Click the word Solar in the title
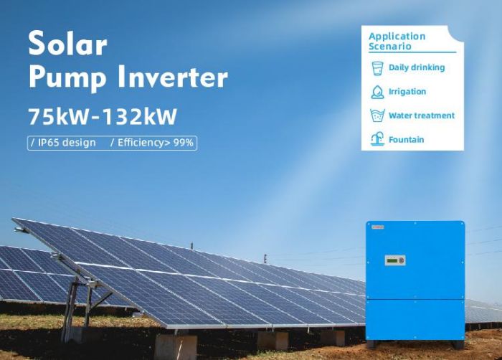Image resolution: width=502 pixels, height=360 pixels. click(67, 43)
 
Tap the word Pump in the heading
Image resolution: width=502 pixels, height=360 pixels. click(67, 79)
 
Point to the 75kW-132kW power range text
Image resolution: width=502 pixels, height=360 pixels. click(103, 116)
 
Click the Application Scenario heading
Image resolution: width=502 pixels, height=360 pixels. click(397, 42)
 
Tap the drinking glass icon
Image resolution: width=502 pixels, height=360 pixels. click(377, 68)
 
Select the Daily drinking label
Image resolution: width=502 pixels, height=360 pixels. click(417, 67)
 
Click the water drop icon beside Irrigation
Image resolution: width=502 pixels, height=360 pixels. click(377, 93)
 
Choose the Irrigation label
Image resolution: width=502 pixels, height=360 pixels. click(407, 92)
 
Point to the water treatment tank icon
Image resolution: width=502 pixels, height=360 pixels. click(377, 115)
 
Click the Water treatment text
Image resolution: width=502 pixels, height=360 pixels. click(422, 115)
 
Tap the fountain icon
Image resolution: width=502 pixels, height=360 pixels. click(377, 139)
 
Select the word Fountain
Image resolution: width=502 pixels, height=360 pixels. click(406, 140)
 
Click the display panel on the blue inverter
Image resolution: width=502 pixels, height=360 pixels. click(395, 260)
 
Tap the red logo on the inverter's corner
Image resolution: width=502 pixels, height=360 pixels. click(378, 227)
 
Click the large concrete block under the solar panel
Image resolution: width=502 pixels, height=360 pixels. click(176, 347)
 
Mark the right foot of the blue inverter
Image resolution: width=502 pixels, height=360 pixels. click(458, 345)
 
